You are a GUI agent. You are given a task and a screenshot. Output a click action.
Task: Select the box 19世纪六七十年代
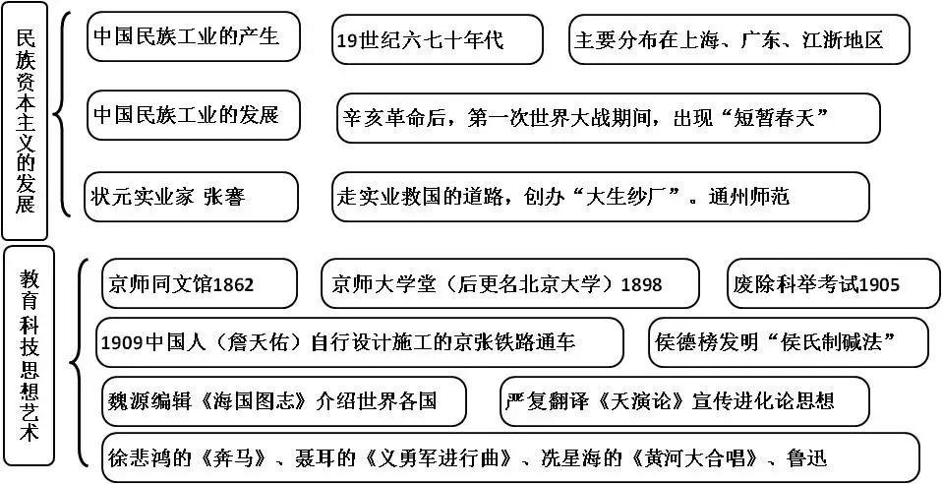(x=437, y=39)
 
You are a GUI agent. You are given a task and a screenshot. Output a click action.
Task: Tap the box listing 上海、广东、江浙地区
(x=738, y=39)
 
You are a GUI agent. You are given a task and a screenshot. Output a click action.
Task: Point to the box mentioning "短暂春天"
(x=607, y=118)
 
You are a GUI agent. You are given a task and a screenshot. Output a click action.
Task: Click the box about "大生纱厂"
(x=600, y=196)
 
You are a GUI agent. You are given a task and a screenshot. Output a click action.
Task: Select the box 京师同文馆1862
(x=198, y=283)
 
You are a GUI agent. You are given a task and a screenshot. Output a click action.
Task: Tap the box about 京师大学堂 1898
(x=509, y=283)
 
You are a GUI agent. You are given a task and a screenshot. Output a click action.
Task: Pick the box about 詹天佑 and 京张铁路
(x=361, y=342)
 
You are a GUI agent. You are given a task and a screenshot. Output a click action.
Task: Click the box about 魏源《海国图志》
(x=283, y=400)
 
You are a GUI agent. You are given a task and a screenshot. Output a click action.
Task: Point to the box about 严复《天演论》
(x=684, y=400)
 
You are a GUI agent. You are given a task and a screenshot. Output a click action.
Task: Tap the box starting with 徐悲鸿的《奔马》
(x=509, y=457)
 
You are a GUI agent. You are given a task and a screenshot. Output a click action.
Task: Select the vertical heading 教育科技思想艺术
(x=29, y=360)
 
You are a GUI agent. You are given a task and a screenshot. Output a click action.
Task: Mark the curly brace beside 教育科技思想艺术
(x=79, y=369)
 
